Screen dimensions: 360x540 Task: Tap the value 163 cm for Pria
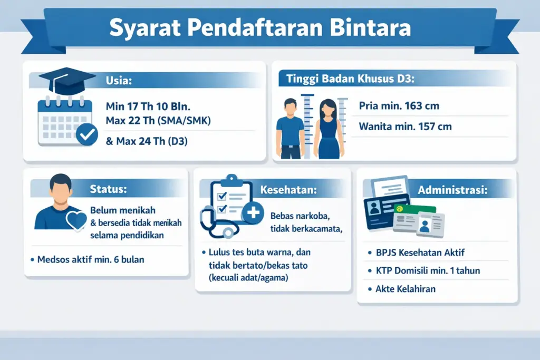tap(421, 106)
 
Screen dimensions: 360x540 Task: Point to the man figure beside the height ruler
tap(291, 129)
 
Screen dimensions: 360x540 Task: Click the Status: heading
tap(109, 188)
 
